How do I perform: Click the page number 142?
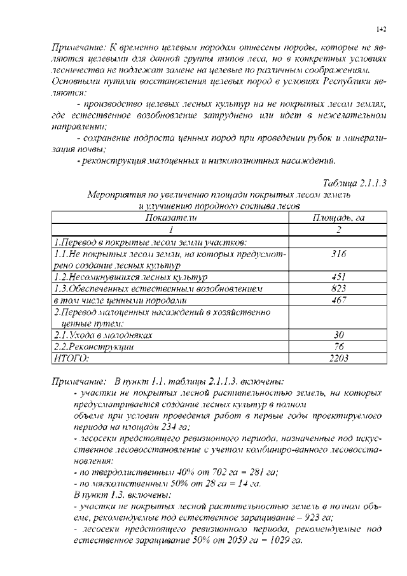tap(381, 29)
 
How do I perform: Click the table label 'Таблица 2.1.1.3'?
tap(355, 184)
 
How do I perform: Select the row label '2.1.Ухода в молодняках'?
tap(102, 335)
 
